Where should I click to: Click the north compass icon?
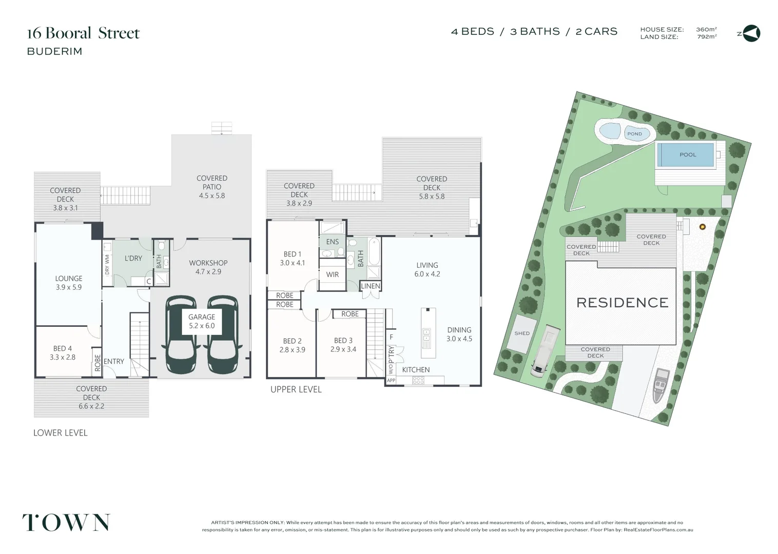[x=751, y=34]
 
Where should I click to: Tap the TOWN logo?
[x=66, y=522]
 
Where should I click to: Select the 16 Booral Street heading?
[x=83, y=33]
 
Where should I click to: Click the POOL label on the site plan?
[x=688, y=155]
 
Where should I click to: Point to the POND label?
[x=634, y=134]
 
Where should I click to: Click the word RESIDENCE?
[x=623, y=303]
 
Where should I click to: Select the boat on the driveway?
[x=660, y=386]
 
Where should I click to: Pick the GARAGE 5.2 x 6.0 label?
[x=202, y=321]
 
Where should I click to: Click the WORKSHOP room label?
[x=208, y=267]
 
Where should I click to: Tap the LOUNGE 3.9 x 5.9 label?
[x=69, y=283]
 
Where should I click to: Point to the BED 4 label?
[x=63, y=353]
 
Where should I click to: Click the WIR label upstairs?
[x=333, y=274]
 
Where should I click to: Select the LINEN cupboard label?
[x=370, y=286]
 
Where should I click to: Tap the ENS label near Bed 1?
[x=333, y=242]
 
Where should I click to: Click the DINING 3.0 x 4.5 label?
[x=459, y=334]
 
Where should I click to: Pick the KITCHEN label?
[x=416, y=370]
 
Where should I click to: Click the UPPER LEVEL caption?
[x=296, y=389]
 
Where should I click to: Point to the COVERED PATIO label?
[x=212, y=187]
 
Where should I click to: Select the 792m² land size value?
[x=707, y=36]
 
